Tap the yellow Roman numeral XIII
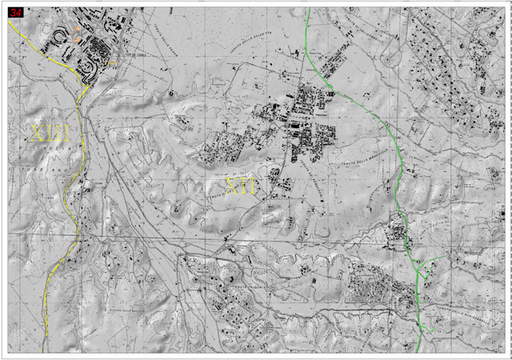(50, 132)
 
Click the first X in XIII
(37, 132)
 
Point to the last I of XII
(253, 186)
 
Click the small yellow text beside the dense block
(112, 62)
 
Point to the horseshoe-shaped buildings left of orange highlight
(60, 36)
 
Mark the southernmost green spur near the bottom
(428, 328)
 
